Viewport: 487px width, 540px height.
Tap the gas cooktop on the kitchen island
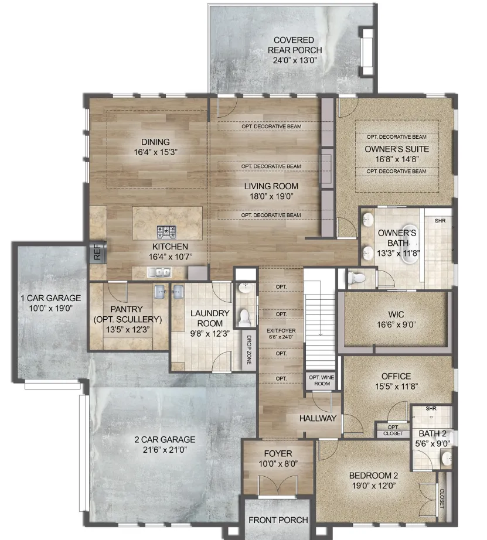(x=166, y=232)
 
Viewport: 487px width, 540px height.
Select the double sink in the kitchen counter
(x=159, y=272)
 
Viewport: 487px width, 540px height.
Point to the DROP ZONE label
(x=249, y=350)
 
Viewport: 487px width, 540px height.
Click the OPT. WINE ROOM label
(x=322, y=380)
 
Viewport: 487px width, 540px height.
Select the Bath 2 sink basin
(x=447, y=459)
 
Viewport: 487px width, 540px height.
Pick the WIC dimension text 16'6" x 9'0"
(x=396, y=324)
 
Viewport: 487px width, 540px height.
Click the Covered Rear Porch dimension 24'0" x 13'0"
(x=295, y=60)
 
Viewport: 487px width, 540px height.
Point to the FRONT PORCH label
(x=278, y=520)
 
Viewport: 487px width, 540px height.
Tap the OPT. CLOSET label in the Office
(x=393, y=430)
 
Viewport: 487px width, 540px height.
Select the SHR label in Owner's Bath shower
(x=440, y=220)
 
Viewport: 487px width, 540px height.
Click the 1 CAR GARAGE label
(x=50, y=298)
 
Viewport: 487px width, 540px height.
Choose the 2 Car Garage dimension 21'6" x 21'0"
(x=165, y=449)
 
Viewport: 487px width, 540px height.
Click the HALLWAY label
(x=318, y=418)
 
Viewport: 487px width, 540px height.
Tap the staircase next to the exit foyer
(x=319, y=319)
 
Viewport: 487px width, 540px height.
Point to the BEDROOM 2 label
(x=374, y=476)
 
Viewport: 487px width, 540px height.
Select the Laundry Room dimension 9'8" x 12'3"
(x=210, y=333)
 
